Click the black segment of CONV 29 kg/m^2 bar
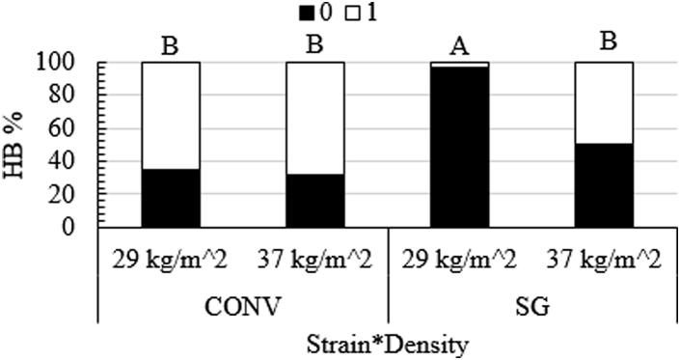(x=171, y=199)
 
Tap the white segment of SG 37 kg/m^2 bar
(x=604, y=103)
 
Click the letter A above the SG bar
(x=459, y=43)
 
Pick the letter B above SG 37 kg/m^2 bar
(x=604, y=43)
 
